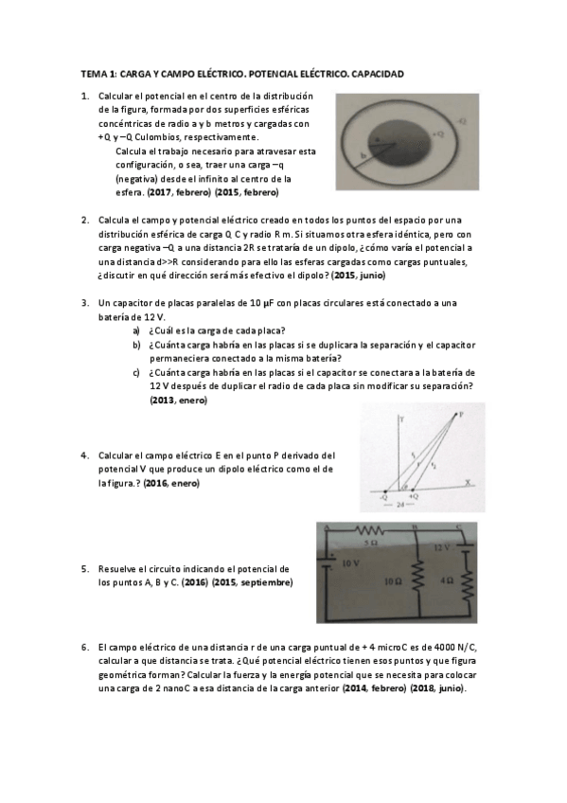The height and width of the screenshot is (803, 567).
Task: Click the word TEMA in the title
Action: click(93, 74)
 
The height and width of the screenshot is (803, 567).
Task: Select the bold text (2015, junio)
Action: click(359, 275)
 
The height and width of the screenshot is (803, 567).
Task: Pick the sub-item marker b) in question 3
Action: click(136, 345)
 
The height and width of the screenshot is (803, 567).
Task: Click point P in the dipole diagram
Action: click(461, 414)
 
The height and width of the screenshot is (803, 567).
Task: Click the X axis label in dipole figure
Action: click(467, 481)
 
